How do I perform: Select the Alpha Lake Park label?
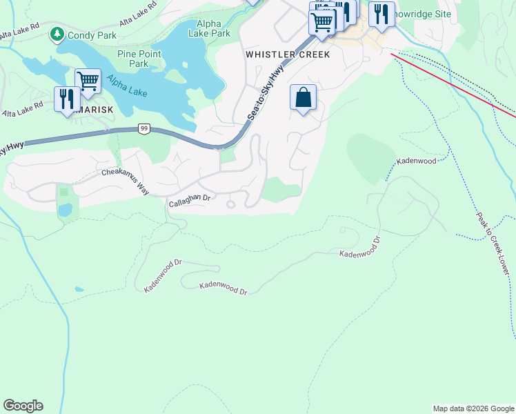(x=210, y=27)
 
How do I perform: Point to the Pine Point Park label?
(x=139, y=59)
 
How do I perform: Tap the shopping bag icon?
(x=303, y=98)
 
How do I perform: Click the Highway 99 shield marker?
(x=144, y=128)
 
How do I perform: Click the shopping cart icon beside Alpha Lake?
(x=88, y=81)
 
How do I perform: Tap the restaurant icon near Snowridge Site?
(x=381, y=14)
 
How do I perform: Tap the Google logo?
(x=23, y=406)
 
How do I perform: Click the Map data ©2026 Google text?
(x=473, y=408)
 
